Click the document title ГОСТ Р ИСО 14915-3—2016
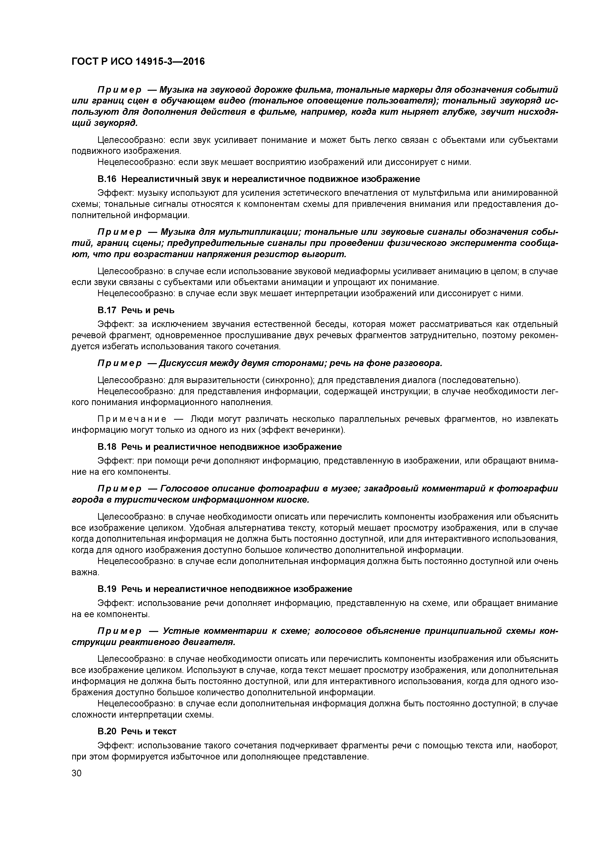pos(138,62)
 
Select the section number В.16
pos(107,179)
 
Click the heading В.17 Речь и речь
pos(136,310)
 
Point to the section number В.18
pos(107,447)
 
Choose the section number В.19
pos(107,589)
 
